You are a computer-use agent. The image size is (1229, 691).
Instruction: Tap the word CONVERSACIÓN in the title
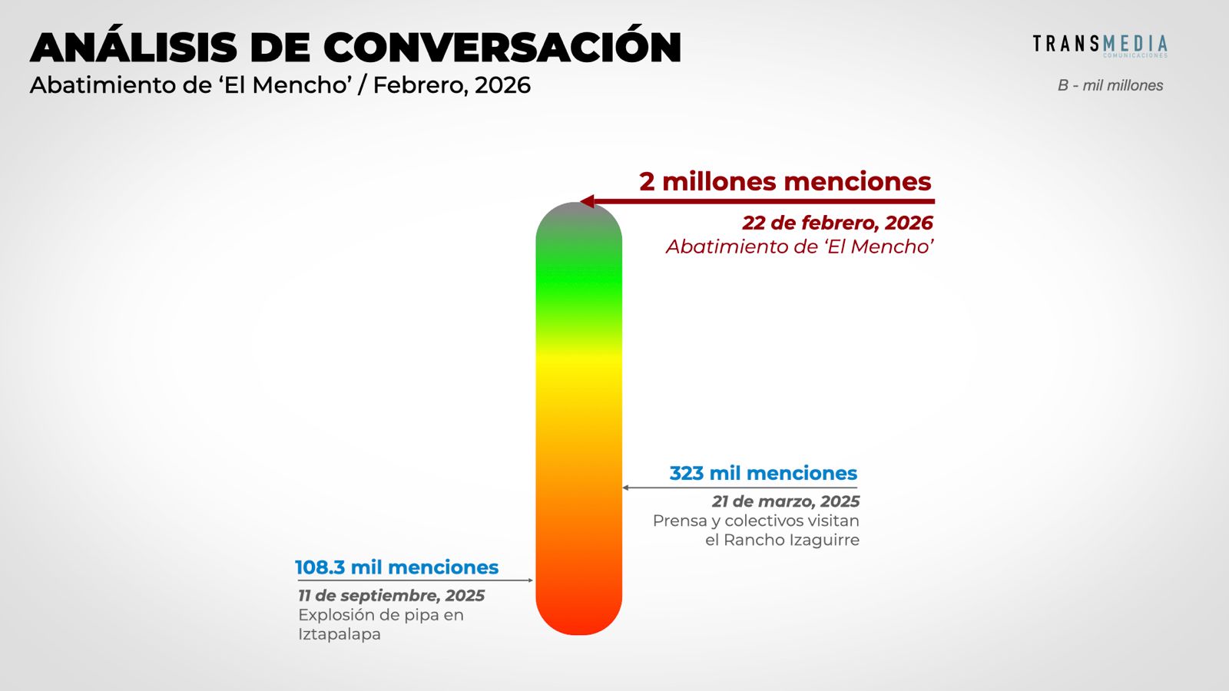[x=502, y=48]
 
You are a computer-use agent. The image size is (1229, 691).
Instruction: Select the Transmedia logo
[x=1099, y=45]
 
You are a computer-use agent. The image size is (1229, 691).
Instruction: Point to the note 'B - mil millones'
[x=1110, y=85]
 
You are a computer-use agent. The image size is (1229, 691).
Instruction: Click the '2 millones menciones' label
[x=785, y=181]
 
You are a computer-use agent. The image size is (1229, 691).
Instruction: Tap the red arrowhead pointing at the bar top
[x=588, y=202]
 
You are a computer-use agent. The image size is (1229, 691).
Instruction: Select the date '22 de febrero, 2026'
[x=837, y=223]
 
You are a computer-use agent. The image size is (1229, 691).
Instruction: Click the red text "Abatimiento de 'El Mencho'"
[x=800, y=246]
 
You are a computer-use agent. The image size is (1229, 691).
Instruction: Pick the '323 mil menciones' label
[x=763, y=473]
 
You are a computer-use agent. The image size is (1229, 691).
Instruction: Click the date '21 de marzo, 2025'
[x=785, y=501]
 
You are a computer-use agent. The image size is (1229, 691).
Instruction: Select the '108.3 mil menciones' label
[x=396, y=567]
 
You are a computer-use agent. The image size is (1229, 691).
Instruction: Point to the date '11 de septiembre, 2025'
[x=391, y=596]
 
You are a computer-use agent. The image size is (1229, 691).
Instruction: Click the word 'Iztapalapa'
[x=340, y=634]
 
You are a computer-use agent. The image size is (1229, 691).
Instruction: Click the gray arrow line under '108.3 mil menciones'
[x=415, y=580]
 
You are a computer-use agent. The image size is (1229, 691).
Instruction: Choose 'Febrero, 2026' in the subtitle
[x=452, y=85]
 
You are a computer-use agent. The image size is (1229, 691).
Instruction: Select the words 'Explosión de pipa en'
[x=381, y=615]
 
